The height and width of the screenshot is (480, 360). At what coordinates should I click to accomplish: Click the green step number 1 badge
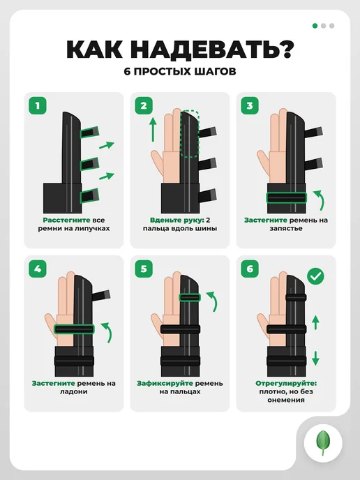(x=38, y=105)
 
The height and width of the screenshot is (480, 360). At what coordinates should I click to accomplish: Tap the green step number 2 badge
(x=144, y=105)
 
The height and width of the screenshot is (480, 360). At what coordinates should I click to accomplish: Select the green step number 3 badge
(x=250, y=105)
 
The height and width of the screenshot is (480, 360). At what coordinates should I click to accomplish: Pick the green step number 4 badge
(x=38, y=269)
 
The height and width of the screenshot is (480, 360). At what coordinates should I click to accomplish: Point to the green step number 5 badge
(x=144, y=269)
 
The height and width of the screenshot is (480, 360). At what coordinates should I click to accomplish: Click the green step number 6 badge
(x=250, y=269)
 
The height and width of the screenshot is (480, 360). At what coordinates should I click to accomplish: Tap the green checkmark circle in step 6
(x=315, y=276)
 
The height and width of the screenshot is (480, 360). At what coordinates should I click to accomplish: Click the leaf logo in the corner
(x=323, y=443)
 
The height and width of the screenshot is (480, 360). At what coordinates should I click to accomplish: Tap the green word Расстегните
(x=66, y=220)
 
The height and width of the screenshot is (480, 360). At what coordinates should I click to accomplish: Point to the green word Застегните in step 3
(x=266, y=220)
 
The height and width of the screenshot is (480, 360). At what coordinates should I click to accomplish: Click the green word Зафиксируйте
(x=165, y=383)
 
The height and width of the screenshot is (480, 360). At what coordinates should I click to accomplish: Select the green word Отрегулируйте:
(x=286, y=383)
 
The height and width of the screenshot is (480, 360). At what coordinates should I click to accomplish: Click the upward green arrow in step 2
(x=153, y=130)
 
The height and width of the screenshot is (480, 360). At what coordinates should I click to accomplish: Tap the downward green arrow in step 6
(x=315, y=358)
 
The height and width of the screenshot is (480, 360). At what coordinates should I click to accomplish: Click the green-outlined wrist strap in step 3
(x=286, y=197)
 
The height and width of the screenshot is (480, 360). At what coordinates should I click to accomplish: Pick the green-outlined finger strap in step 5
(x=190, y=297)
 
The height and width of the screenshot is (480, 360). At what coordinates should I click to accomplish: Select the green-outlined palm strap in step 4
(x=74, y=329)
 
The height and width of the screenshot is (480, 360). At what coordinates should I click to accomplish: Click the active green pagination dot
(x=315, y=26)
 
